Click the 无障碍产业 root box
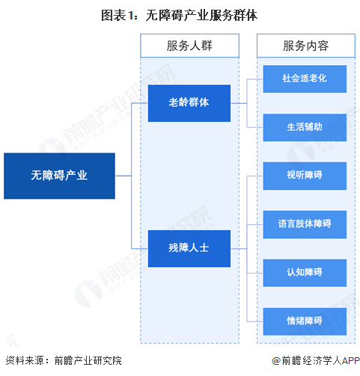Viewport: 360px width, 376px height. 59,176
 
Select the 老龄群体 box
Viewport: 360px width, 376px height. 189,103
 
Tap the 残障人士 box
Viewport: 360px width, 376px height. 189,249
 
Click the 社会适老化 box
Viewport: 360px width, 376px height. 304,78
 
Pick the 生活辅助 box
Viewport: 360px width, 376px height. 304,127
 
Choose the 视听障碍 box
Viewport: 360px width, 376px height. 304,176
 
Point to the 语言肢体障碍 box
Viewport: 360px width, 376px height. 304,224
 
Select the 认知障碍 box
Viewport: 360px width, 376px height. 304,272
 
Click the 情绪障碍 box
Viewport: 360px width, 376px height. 304,321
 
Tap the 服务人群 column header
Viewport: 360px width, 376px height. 189,46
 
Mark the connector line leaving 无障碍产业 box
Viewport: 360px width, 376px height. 123,176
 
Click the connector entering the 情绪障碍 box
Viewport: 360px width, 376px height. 256,321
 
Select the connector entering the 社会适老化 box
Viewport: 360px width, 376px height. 256,78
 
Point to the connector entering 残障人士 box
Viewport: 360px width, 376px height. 139,249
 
